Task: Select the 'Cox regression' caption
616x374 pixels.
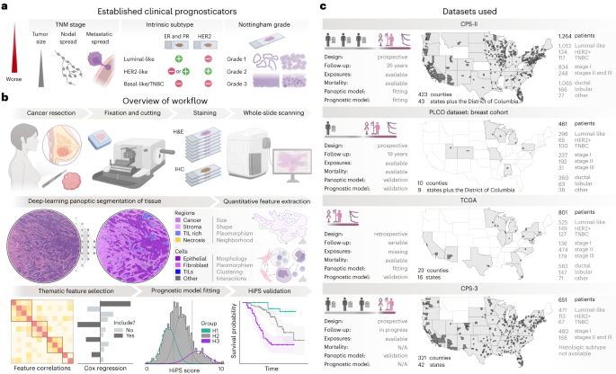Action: [x=106, y=368]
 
